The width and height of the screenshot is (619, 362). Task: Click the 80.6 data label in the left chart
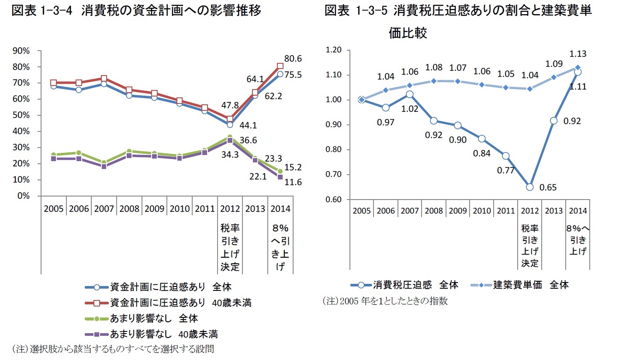tap(293, 59)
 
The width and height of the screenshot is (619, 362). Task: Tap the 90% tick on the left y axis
tap(21, 51)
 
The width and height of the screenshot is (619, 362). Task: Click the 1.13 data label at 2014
tap(578, 54)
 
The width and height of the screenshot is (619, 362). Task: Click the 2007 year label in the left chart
tap(104, 208)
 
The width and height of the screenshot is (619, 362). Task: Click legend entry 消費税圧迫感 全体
tap(415, 285)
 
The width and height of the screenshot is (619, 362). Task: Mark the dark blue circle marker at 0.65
tap(529, 187)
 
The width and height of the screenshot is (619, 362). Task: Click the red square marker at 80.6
tap(280, 66)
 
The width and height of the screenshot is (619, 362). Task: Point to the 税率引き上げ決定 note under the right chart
tap(529, 245)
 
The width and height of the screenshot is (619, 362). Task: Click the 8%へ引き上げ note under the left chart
tap(280, 248)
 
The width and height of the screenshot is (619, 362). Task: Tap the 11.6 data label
tap(293, 182)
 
